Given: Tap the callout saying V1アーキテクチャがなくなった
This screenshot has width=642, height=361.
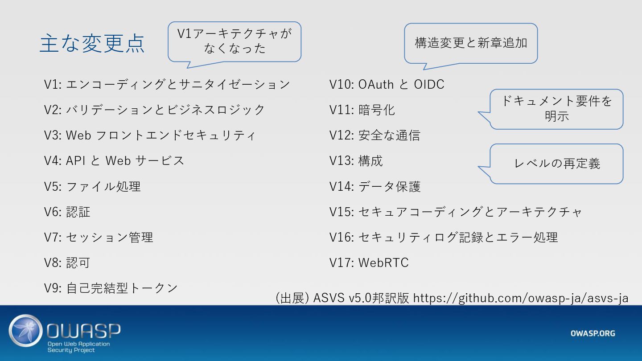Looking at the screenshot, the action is (x=235, y=41).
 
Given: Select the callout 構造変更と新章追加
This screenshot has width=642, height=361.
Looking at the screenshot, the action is (x=471, y=43).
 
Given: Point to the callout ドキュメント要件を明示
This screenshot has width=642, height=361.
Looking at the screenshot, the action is (x=556, y=109).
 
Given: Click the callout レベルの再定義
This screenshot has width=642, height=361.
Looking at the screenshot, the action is (x=557, y=164).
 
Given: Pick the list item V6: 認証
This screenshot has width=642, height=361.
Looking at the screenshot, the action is (x=67, y=212).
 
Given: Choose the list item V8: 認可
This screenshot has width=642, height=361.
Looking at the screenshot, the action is (x=67, y=263).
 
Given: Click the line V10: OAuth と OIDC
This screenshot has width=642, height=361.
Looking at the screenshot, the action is (x=387, y=84).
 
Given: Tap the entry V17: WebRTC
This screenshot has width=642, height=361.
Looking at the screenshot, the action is (x=369, y=263).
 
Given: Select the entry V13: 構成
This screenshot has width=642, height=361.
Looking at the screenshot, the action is (x=356, y=161).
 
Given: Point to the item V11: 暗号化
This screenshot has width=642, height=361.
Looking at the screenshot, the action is (x=362, y=110).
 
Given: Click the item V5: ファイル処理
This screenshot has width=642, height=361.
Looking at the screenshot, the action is (x=92, y=186).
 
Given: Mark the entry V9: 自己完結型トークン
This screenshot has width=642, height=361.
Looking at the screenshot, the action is (x=111, y=288).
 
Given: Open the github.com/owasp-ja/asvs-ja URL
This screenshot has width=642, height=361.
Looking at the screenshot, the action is (x=521, y=298).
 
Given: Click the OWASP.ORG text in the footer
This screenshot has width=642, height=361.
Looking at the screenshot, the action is (x=593, y=333).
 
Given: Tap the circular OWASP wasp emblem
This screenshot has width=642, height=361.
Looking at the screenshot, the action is (x=26, y=331).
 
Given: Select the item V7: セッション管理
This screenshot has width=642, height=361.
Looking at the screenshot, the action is (x=99, y=237).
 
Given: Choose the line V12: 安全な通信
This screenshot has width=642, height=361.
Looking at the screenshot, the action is (x=374, y=135).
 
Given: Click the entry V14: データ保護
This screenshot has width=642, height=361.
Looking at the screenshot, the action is (x=374, y=186).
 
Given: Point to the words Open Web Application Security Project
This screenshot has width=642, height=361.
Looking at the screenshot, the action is (x=78, y=347).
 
